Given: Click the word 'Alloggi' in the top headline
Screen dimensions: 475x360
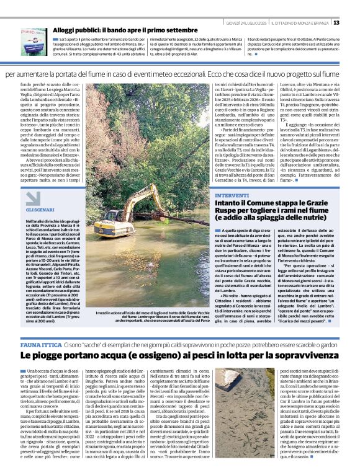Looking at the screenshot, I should coord(65,30).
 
